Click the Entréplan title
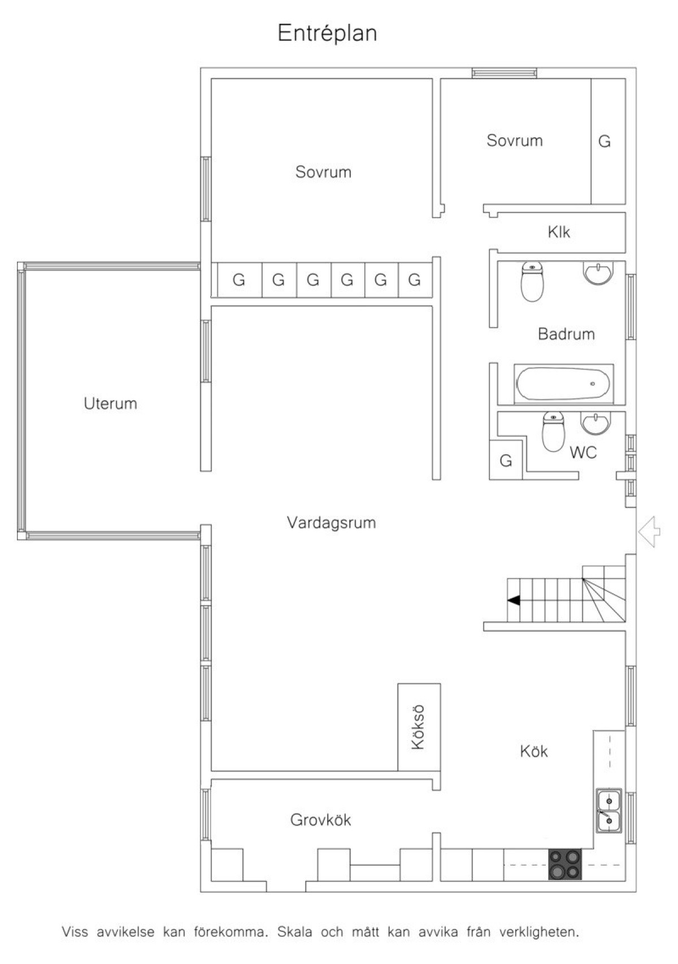coord(327,33)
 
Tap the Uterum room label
coord(111,403)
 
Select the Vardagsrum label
coord(331,523)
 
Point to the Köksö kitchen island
coord(419,727)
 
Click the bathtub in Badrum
coord(563,384)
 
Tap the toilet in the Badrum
coord(532,281)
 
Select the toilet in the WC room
coord(553,432)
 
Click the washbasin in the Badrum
coord(598,273)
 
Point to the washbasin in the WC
coord(596,423)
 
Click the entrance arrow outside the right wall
coord(649,532)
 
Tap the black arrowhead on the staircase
coord(514,600)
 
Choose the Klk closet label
coord(559,232)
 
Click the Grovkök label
coord(320,820)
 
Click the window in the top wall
coord(504,73)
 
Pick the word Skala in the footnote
coord(295,932)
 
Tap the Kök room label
coord(534,752)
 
